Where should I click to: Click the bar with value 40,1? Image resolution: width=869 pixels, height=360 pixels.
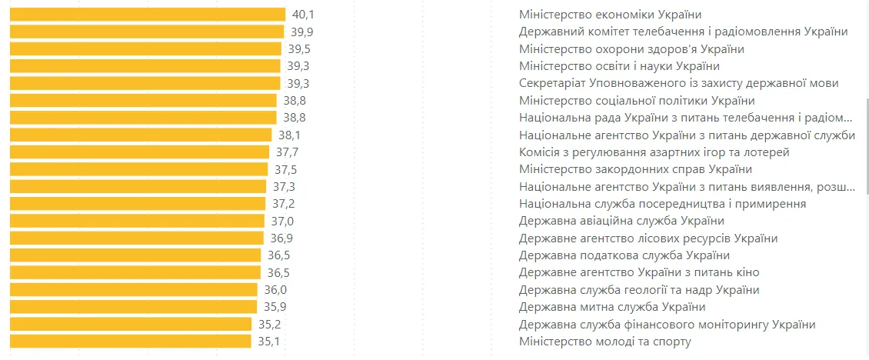pos(148,15)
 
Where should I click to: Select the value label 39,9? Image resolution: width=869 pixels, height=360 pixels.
pos(302,32)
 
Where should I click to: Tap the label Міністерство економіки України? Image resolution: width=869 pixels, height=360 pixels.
pos(610,15)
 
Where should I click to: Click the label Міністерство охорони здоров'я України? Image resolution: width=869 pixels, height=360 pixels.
pos(631,49)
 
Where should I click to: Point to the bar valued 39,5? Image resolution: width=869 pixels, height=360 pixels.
pos(146,49)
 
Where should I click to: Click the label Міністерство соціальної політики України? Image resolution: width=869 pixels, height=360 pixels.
pos(637,101)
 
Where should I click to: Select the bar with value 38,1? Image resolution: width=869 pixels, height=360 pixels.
pos(141,135)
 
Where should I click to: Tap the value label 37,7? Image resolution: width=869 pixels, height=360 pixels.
pos(288,152)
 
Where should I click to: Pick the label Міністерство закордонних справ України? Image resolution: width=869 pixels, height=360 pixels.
pos(635,169)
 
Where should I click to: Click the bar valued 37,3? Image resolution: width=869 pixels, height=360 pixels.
pos(138,187)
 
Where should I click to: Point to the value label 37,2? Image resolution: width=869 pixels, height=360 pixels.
pos(284,204)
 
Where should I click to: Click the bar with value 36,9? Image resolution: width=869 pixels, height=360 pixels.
pos(137,238)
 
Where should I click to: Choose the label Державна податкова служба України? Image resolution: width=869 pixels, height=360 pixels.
pos(624,255)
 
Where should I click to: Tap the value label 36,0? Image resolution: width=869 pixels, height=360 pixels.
pos(275,290)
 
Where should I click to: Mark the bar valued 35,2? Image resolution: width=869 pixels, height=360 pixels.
pos(131,324)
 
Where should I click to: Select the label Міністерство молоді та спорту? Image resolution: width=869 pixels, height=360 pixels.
pos(605,342)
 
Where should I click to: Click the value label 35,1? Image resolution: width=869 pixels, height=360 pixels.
pos(269,342)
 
